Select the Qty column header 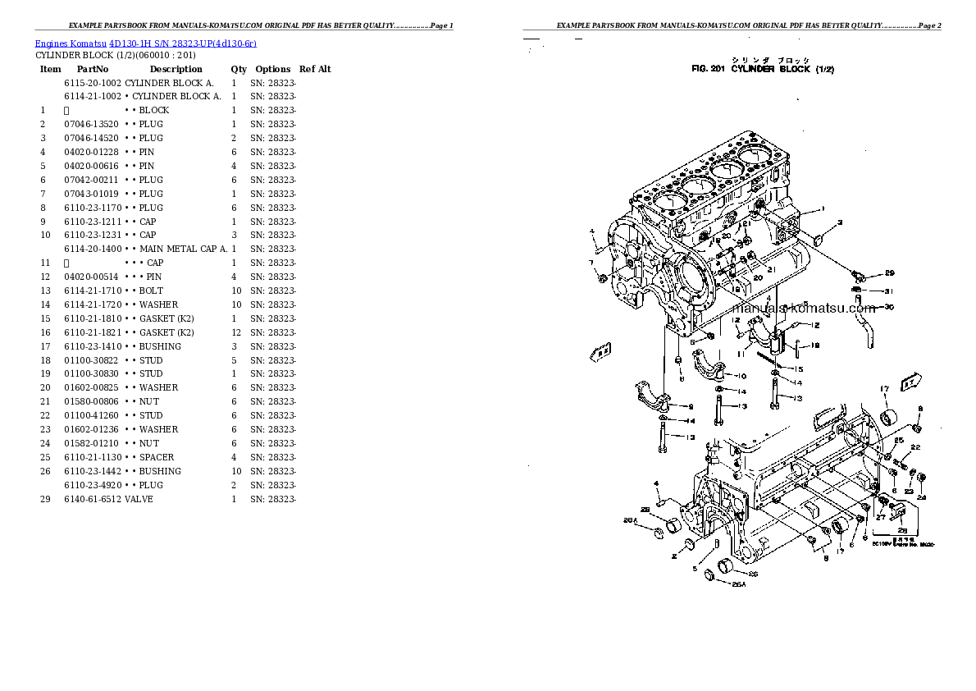(x=238, y=70)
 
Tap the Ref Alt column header (x=315, y=70)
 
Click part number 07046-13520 (x=91, y=124)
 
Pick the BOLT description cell (x=151, y=291)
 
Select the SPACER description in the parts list (x=156, y=457)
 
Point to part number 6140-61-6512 (x=93, y=499)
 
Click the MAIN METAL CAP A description (x=183, y=249)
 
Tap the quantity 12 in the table (x=235, y=332)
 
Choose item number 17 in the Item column (x=45, y=346)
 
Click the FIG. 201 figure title (x=763, y=70)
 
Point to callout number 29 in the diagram (x=889, y=273)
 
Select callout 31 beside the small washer (x=889, y=291)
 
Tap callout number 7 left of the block (x=591, y=263)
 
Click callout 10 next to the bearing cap (x=741, y=376)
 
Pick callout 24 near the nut (x=921, y=497)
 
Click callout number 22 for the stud (x=916, y=447)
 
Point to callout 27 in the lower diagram (x=880, y=517)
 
